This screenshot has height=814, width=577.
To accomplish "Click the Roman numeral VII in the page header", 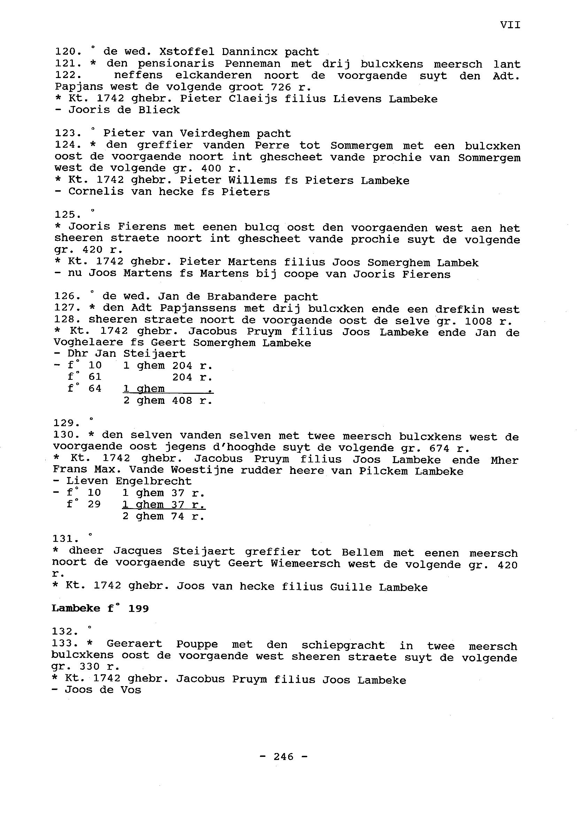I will tap(510, 25).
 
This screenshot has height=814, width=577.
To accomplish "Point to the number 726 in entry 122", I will tap(281, 87).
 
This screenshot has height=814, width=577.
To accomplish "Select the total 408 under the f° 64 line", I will tap(182, 401).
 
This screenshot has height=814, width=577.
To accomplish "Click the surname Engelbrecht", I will tap(153, 482).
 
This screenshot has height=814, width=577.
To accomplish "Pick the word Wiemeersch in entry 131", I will tap(305, 564).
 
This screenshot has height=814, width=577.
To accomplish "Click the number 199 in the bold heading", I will tap(138, 609).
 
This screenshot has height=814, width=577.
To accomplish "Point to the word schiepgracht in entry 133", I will tap(343, 645).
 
